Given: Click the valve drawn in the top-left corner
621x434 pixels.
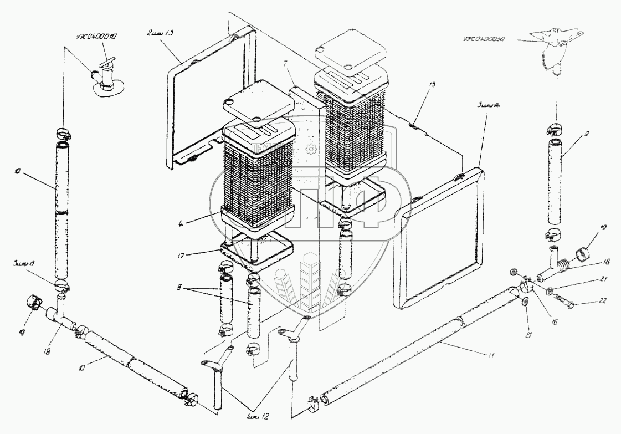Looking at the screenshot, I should pos(105,76).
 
